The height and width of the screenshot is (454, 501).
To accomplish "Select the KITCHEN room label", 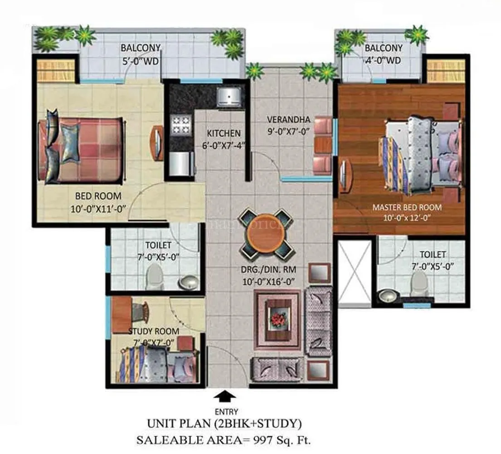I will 224,133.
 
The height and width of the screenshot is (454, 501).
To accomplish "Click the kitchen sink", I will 229,96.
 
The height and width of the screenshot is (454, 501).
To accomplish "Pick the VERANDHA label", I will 288,120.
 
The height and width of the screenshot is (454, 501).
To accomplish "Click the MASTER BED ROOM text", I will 407,207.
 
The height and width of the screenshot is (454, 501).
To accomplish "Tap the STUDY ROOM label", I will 153,331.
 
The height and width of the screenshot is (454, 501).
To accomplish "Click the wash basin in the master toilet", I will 388,296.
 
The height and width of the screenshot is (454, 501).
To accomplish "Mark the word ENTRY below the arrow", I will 225,412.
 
